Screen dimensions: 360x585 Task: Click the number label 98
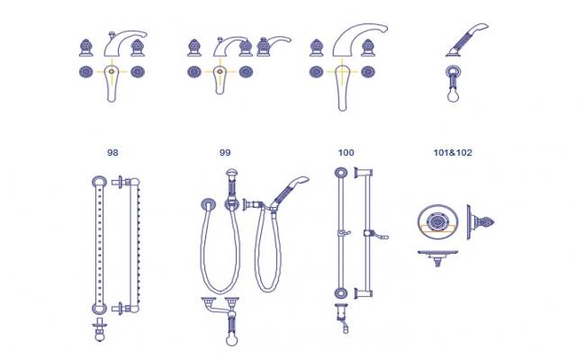[112, 153]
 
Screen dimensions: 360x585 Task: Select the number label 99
[225, 153]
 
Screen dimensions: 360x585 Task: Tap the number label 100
[346, 153]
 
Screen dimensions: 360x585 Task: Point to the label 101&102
[453, 153]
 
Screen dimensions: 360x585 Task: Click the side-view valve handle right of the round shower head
[481, 221]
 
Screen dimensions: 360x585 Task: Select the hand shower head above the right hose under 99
[292, 190]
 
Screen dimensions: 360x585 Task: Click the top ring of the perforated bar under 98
[97, 183]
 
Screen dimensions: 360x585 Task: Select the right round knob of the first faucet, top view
[138, 71]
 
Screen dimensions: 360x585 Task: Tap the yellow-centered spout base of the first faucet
[112, 71]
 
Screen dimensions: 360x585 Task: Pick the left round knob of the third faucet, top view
[316, 71]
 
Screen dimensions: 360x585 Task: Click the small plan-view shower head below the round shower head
[439, 257]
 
